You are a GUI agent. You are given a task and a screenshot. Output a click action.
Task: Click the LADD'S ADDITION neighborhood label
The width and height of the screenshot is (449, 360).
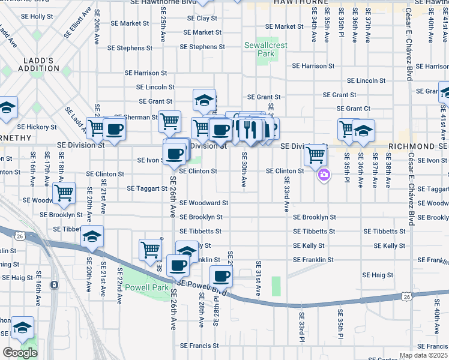coord(38,65)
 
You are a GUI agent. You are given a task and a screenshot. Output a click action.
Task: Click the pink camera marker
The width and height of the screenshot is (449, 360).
coord(324,175)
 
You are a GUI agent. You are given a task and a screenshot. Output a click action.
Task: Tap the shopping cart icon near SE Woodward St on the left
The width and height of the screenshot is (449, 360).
coord(64,193)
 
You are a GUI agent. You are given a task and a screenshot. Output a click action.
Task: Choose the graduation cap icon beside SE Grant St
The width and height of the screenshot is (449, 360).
coord(204,100)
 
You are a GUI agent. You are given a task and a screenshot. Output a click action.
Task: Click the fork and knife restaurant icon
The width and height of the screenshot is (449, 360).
coord(250,128)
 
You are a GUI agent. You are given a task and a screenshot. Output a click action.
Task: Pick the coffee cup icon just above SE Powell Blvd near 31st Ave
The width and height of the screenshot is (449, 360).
coord(221,276)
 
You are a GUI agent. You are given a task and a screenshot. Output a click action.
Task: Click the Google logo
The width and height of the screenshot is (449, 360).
coord(20,353)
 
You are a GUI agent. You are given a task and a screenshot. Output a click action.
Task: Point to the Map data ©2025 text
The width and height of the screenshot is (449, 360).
coord(423,355)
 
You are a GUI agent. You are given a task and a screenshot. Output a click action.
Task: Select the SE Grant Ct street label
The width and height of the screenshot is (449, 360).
coord(354,109)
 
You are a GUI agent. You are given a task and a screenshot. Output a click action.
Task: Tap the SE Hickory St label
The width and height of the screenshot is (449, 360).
coord(37,127)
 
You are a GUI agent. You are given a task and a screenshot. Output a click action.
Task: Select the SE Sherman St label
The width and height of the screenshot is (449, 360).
coord(135,118)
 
